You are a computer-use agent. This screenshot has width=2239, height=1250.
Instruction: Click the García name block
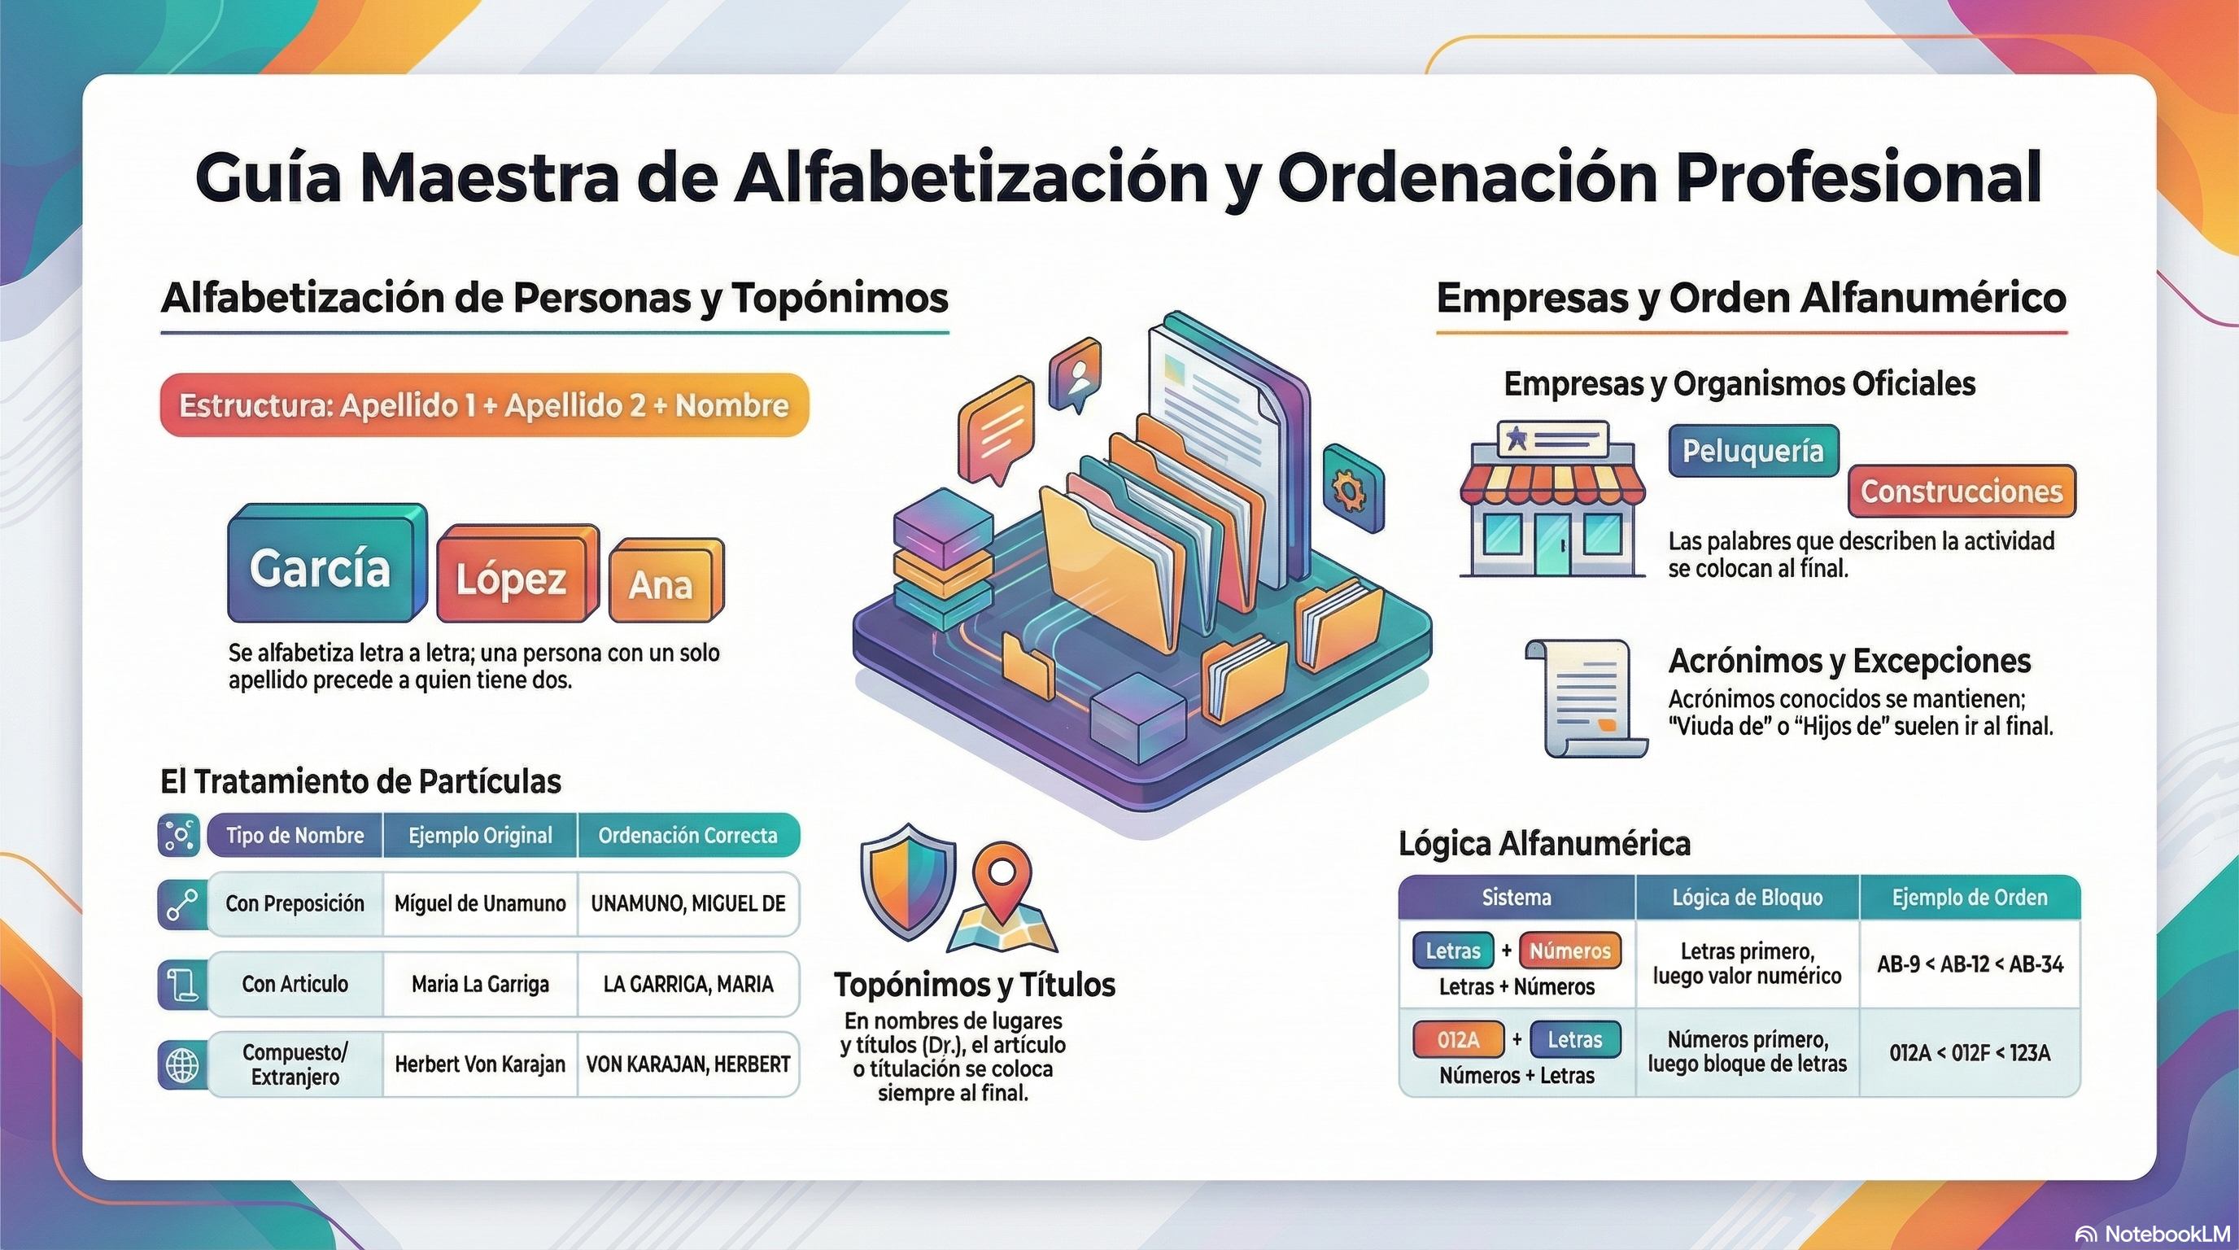[x=327, y=563]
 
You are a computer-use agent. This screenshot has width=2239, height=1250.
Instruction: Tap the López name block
[x=518, y=574]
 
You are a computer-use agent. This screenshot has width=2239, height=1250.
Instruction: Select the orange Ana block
[x=666, y=581]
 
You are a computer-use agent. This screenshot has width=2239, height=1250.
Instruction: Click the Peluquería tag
[x=1753, y=451]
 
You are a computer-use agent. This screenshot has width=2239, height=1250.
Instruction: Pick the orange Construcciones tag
[x=1962, y=492]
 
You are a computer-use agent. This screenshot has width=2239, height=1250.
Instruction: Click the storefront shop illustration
[x=1552, y=500]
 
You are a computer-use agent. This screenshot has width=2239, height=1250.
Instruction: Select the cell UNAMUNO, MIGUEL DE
[x=688, y=904]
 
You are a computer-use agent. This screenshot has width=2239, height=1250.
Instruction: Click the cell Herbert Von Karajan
[x=480, y=1064]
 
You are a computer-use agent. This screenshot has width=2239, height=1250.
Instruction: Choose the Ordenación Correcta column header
[x=688, y=835]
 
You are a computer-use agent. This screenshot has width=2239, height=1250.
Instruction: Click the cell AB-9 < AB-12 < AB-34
[x=1970, y=964]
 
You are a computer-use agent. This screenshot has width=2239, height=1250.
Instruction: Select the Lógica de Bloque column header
[x=1747, y=897]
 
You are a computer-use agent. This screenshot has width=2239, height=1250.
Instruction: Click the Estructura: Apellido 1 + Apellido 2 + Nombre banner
[x=484, y=405]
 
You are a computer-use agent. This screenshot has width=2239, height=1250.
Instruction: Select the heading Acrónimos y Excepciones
[x=1849, y=661]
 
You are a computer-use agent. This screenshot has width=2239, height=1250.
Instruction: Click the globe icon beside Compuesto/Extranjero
[x=181, y=1064]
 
